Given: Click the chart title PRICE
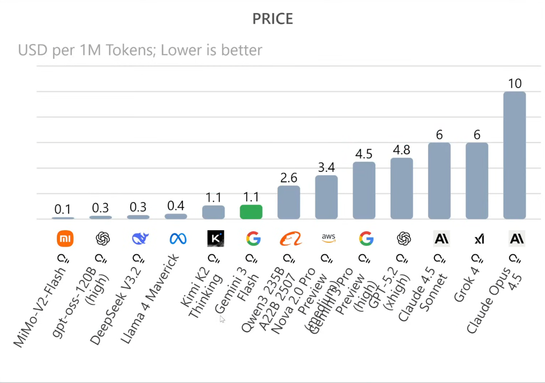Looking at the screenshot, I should [273, 19].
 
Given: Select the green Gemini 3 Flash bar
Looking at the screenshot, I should [251, 212].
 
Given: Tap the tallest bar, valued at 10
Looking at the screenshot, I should [514, 155].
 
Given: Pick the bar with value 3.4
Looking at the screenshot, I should [326, 197].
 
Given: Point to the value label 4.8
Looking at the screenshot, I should [401, 150].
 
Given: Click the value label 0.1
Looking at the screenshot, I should [62, 209].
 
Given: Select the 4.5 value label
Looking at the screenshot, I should [364, 154].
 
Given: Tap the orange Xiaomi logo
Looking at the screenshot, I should [65, 238].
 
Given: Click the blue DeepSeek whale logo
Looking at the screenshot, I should [140, 238].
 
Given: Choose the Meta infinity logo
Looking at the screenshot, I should [178, 238].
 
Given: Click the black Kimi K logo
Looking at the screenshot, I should [216, 238].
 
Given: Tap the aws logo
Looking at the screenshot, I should [329, 238].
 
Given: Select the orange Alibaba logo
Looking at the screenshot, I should [291, 238].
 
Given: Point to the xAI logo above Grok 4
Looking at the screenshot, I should [479, 239].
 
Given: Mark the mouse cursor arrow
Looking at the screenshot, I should [222, 319].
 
